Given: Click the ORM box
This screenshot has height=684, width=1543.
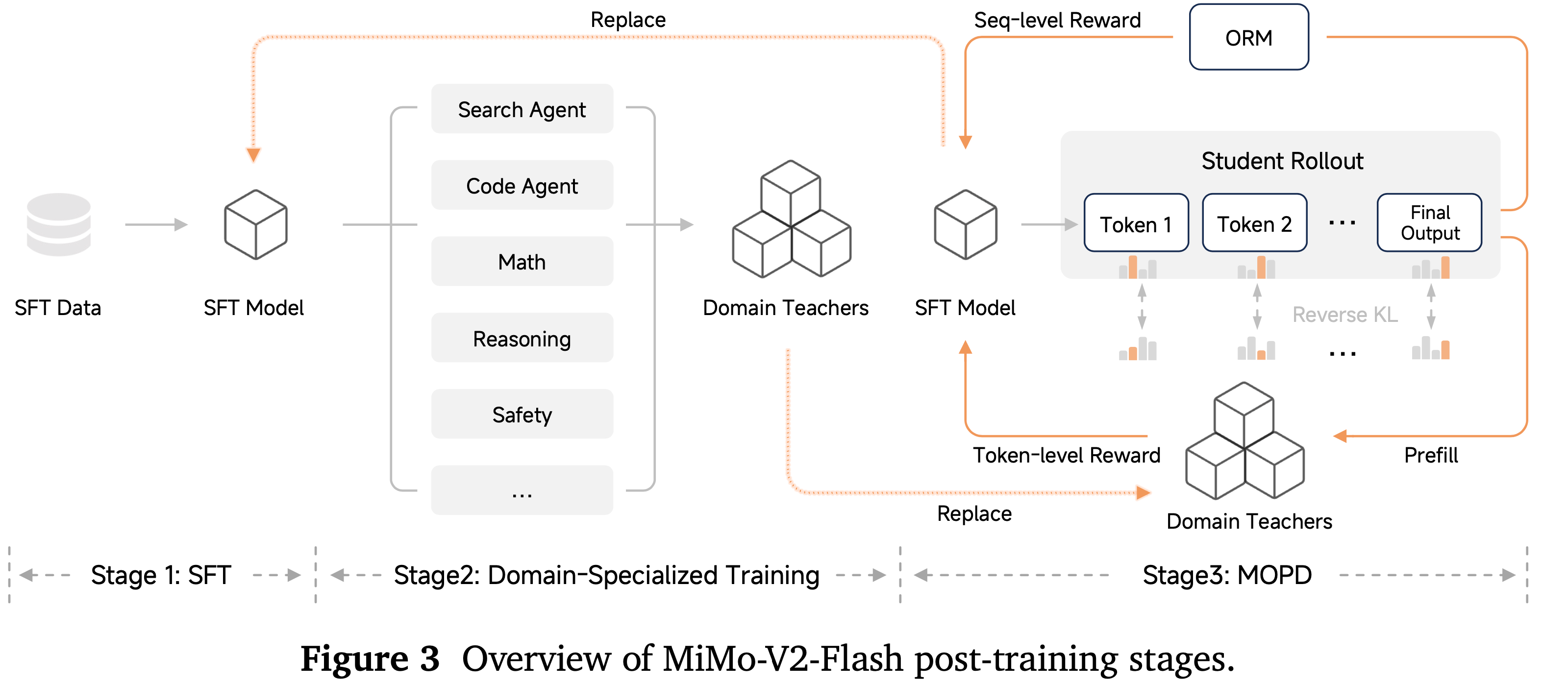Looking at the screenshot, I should tap(1248, 38).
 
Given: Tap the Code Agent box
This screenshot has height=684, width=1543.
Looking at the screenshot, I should tap(522, 185).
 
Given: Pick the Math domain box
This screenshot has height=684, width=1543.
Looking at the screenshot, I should tap(522, 262).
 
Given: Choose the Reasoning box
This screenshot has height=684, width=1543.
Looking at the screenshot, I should tap(522, 339).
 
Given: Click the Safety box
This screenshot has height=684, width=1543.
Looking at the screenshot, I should tap(522, 415).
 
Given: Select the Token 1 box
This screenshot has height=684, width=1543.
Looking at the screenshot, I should tap(1136, 224).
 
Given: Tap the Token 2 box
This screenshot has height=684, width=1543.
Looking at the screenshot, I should tap(1254, 224).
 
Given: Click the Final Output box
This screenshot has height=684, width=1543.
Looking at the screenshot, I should tap(1429, 223).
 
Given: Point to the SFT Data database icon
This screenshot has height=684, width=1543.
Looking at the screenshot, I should tap(59, 224).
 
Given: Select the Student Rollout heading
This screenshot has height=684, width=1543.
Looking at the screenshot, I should tap(1282, 161).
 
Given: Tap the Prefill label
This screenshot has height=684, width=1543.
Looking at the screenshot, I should tap(1430, 455).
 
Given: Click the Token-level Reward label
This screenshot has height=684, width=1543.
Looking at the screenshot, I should tap(1066, 455).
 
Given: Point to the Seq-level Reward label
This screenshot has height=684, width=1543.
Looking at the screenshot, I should tap(1057, 21).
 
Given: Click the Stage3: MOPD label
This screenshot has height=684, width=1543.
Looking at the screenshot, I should tap(1227, 575).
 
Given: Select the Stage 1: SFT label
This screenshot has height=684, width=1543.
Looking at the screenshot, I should tap(161, 575).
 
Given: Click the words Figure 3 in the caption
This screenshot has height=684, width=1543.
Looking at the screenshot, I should tap(370, 658).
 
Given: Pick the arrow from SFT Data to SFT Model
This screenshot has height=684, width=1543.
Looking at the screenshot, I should tap(156, 224).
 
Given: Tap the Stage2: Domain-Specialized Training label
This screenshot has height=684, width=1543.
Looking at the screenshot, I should tap(606, 575).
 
